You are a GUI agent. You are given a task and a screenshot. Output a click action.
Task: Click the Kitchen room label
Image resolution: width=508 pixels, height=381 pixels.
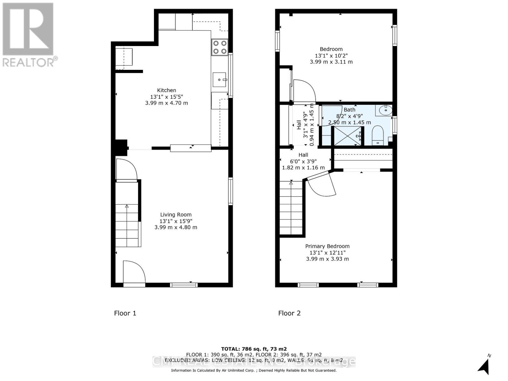point(166,90)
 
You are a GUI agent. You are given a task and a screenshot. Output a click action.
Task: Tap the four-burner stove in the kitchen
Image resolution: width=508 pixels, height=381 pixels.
point(220,47)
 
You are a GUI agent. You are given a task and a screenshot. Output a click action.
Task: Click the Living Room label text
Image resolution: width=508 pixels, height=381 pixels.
point(176,215)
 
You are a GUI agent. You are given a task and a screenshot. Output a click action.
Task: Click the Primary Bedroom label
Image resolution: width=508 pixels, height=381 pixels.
point(327,246)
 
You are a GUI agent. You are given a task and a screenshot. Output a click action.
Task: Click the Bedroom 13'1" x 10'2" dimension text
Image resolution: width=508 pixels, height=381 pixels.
point(331,56)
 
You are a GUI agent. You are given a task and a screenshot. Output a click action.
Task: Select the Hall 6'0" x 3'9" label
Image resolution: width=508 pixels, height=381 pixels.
point(303,161)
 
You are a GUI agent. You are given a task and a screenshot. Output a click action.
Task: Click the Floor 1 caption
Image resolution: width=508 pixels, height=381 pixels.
point(125,313)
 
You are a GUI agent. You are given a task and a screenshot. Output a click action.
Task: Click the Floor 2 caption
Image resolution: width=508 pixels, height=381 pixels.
point(289,313)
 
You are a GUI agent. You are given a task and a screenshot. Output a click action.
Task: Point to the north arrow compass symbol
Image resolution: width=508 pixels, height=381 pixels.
point(484,366)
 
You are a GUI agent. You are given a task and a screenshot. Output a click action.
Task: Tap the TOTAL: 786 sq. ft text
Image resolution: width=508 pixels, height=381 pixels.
point(254,349)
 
